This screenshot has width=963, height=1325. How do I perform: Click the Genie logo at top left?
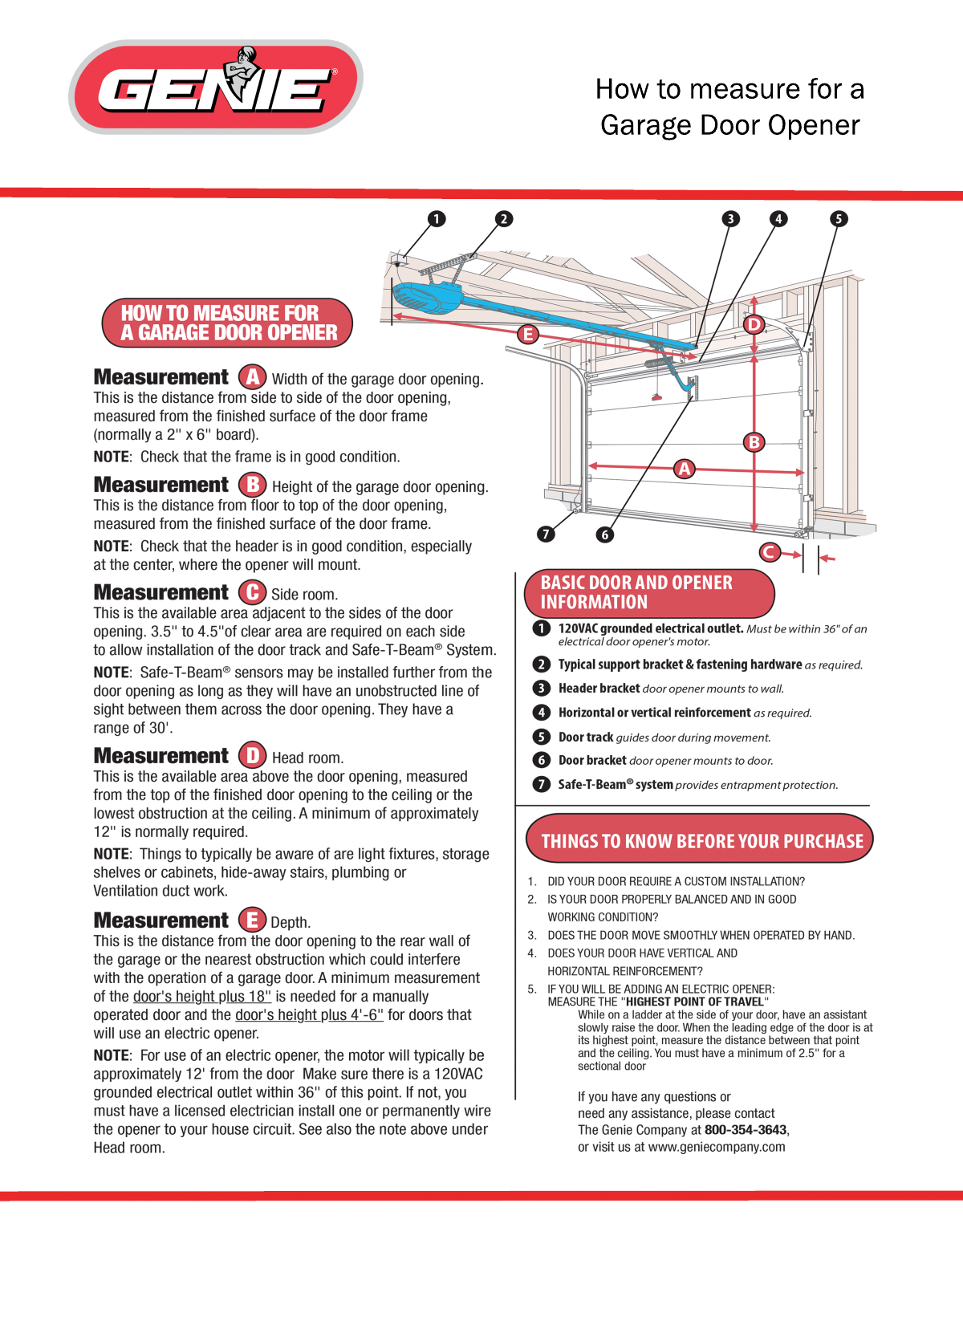[215, 87]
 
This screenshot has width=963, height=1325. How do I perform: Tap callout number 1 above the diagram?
[437, 219]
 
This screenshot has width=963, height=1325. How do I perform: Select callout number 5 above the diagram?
[839, 219]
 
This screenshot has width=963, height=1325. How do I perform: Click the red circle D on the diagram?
[754, 324]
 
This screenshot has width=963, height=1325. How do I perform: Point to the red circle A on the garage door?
[684, 469]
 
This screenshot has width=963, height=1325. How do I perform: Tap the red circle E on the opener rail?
[527, 334]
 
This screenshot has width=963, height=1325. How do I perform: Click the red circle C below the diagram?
[770, 552]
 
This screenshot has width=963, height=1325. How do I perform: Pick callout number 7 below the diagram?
[546, 534]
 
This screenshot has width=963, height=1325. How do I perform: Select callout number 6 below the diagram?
[605, 534]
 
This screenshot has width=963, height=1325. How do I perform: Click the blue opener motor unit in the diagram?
[425, 298]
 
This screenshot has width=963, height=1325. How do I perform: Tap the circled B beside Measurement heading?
[252, 485]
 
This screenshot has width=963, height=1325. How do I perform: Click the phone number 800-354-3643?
[746, 1130]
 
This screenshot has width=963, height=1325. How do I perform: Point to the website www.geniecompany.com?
[717, 1147]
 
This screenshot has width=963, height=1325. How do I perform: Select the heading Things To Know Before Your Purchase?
[701, 841]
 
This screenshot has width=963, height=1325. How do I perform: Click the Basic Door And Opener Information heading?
[636, 592]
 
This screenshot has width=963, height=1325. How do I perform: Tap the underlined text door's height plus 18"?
[202, 997]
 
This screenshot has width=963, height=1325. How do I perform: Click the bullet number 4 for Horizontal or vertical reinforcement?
[542, 713]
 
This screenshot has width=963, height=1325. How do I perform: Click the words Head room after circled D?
[307, 758]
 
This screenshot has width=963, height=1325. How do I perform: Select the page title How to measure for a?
[729, 89]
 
